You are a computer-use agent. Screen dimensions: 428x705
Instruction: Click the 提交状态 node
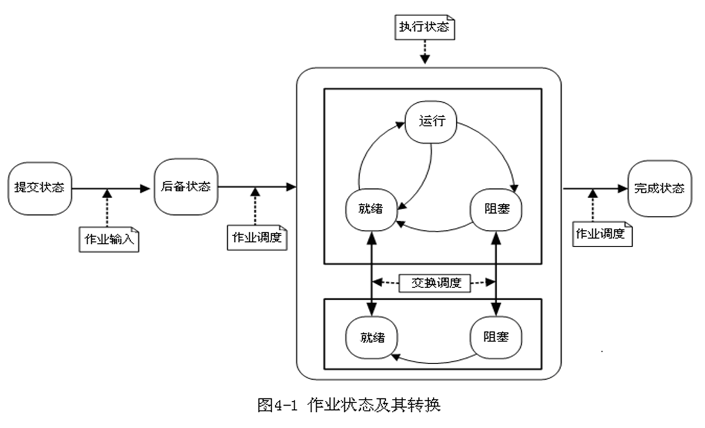coord(40,187)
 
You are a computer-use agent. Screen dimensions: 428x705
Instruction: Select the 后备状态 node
coord(186,186)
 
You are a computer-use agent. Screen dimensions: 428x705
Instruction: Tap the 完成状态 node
coord(659,188)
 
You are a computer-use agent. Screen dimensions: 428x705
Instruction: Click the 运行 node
coord(430,121)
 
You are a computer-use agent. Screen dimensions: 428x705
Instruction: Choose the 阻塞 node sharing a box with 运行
coord(495,208)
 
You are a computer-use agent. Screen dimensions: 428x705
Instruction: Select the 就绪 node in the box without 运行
coord(371,338)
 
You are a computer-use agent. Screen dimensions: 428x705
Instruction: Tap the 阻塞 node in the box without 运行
coord(495,338)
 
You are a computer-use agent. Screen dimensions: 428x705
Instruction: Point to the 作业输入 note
coord(109,239)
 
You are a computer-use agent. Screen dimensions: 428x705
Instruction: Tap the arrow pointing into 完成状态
coord(595,188)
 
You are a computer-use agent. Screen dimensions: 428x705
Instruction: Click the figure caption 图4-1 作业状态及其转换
coord(348,406)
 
